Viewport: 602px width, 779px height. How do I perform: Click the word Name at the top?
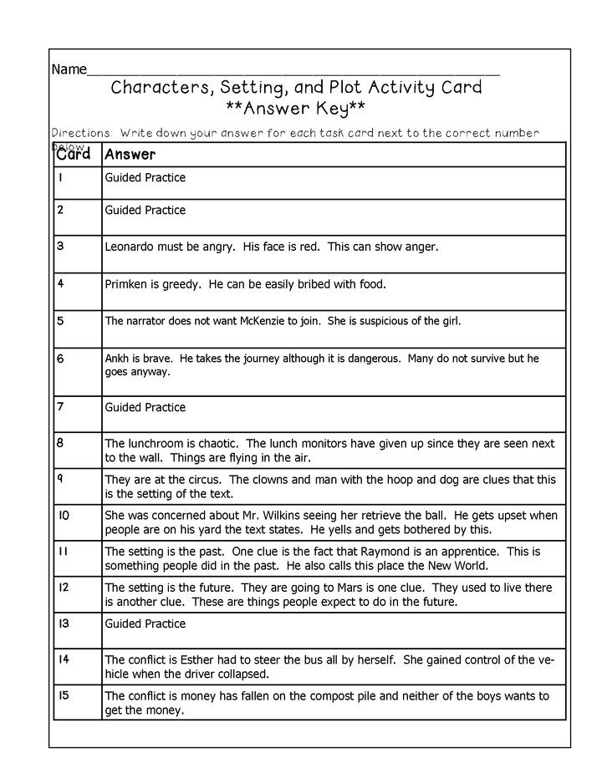pos(69,69)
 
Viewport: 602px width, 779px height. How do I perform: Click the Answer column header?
pos(130,155)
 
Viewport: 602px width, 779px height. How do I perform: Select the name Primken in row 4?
pos(127,284)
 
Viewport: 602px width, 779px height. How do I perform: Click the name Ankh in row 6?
pos(116,359)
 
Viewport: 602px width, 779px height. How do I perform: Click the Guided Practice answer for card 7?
pos(145,408)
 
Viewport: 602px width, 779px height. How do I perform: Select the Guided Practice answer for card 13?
pos(145,624)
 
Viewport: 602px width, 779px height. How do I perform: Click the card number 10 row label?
pos(64,515)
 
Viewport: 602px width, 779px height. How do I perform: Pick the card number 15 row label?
pos(64,695)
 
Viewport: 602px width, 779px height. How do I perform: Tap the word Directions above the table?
pos(81,133)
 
